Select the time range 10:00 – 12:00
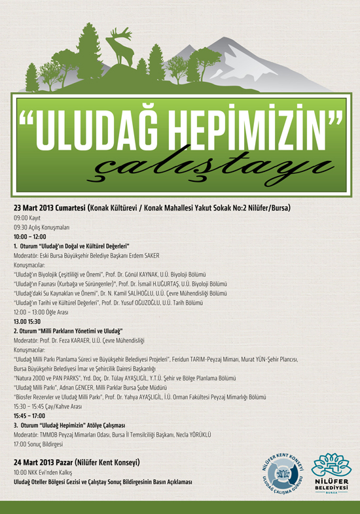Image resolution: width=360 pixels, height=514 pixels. (x=29, y=236)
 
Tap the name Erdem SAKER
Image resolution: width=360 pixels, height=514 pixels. (x=141, y=256)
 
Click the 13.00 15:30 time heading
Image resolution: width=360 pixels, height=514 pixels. (x=27, y=322)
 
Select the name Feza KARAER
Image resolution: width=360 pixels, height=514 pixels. (x=86, y=341)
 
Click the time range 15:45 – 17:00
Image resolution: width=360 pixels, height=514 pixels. (x=29, y=416)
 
